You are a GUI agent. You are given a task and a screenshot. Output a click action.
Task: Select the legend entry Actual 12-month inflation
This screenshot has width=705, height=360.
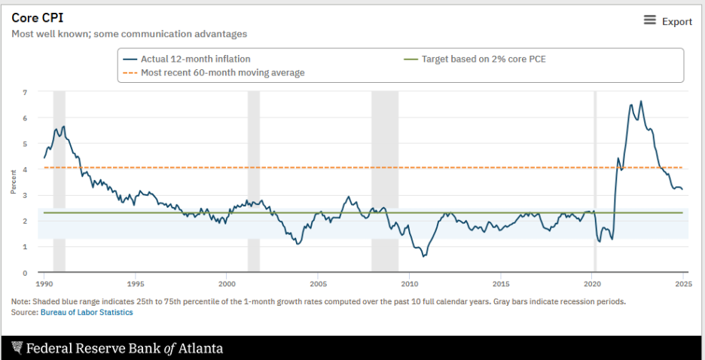tap(195, 59)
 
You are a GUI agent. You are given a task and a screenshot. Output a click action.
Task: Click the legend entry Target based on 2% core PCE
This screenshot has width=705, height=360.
tap(483, 59)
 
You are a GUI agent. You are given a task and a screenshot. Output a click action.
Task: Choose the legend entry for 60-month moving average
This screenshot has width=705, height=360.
tap(222, 72)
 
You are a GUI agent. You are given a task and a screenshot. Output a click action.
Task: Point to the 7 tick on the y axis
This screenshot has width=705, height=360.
tap(25, 92)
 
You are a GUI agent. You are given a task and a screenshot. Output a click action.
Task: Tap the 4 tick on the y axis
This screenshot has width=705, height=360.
tap(25, 169)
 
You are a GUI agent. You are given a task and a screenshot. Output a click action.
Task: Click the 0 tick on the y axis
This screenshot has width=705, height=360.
tap(25, 273)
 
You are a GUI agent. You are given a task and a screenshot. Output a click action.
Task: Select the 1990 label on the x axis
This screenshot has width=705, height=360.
tap(44, 284)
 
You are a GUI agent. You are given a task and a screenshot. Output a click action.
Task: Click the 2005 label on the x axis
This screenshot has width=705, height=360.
tap(318, 284)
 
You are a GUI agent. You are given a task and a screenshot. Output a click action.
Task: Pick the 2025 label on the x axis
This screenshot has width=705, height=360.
tap(683, 284)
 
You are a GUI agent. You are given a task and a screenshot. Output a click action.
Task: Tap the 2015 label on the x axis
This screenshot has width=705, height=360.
tap(501, 284)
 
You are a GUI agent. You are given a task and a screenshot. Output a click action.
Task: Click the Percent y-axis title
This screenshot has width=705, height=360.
tap(14, 182)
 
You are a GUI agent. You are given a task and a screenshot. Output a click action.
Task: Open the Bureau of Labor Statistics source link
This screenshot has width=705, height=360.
tap(87, 312)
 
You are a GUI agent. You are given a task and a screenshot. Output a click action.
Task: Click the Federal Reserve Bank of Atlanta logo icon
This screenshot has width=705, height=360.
tap(17, 348)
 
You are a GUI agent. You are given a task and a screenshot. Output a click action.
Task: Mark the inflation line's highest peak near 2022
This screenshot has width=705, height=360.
tap(641, 101)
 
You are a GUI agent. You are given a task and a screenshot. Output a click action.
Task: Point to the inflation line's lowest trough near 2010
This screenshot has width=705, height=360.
tap(423, 256)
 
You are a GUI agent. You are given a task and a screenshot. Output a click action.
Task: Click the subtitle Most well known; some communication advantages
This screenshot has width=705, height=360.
tap(129, 34)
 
